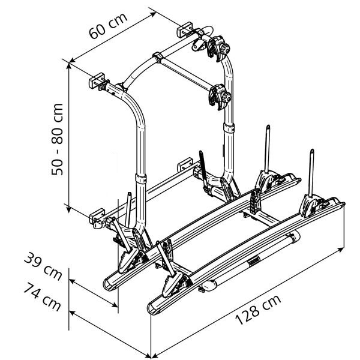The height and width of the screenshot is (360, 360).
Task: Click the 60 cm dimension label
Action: (108, 26)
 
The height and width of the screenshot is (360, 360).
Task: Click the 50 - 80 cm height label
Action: (57, 139)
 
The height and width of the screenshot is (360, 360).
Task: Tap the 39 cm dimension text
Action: (43, 266)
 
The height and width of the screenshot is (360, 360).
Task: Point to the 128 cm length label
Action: (258, 310)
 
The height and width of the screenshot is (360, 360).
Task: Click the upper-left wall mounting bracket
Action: (97, 80)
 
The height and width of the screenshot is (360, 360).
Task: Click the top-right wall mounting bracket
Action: (184, 29)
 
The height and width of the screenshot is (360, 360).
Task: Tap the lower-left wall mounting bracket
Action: (97, 216)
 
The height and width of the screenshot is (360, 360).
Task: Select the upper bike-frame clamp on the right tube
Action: (218, 48)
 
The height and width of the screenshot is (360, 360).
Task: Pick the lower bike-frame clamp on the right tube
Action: (220, 97)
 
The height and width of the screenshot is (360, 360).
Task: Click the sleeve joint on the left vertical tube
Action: (141, 178)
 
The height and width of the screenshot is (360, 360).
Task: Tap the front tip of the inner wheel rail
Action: (110, 285)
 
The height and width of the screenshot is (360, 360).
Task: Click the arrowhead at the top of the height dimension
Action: (68, 65)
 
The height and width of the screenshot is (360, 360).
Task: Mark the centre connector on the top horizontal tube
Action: (157, 57)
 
